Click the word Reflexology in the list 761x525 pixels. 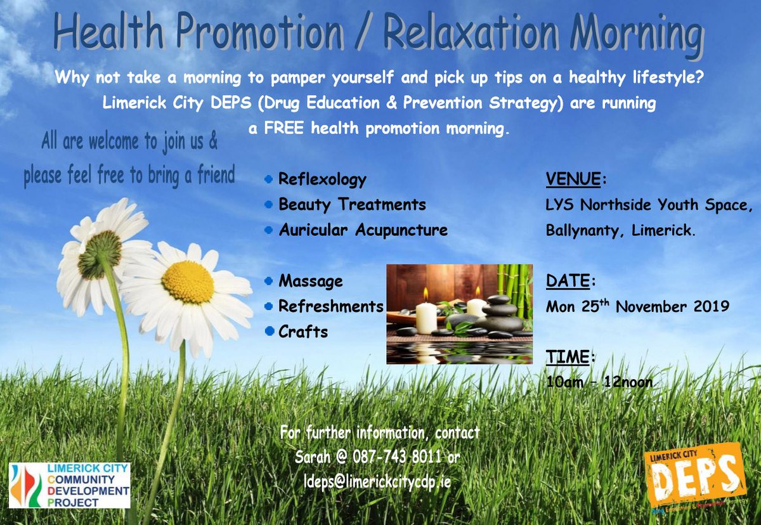322,179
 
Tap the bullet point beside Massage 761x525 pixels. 270,280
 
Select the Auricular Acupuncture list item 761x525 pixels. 363,230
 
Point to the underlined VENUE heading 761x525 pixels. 573,179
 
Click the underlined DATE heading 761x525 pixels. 568,281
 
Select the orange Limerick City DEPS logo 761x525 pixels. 694,476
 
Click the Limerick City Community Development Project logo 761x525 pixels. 69,486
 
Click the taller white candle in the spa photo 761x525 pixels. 426,316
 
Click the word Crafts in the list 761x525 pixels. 303,331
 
